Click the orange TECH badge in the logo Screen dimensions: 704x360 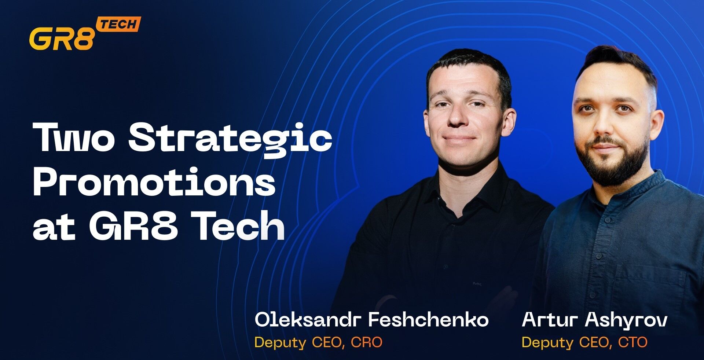(118, 25)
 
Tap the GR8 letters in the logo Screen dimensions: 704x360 (62, 38)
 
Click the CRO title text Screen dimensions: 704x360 (366, 342)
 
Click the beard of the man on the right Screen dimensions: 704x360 (610, 161)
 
